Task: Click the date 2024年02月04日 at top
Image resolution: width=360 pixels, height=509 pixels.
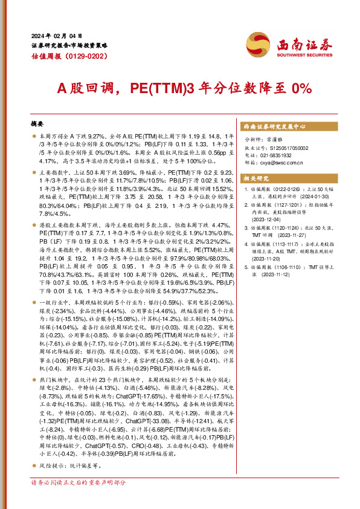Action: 56,36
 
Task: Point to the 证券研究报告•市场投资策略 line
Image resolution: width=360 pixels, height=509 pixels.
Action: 69,45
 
